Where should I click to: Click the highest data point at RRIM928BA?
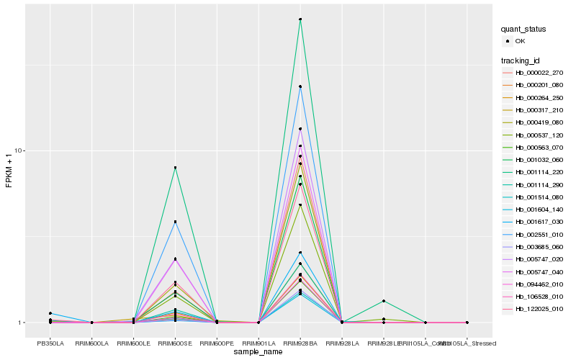pos(300,19)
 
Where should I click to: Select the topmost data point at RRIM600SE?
pos(175,168)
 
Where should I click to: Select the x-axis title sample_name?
pos(258,352)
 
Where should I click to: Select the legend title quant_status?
pos(523,30)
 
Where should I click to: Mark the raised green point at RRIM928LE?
pos(384,301)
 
